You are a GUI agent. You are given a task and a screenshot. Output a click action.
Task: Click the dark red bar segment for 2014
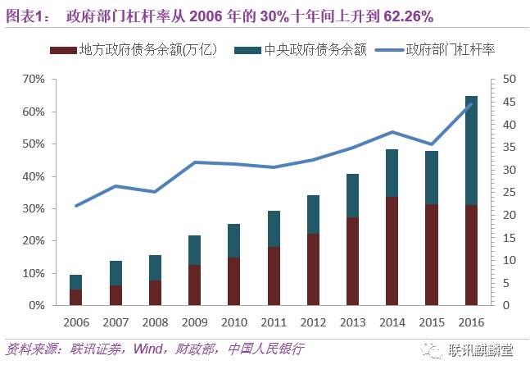(392, 251)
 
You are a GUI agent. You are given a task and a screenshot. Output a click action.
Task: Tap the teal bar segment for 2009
(195, 250)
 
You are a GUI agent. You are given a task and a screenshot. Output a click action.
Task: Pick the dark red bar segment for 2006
(75, 298)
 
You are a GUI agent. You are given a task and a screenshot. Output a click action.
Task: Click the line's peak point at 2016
(471, 103)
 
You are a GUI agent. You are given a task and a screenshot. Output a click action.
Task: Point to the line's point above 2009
(195, 162)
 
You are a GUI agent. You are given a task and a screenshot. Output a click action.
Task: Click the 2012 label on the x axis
(313, 322)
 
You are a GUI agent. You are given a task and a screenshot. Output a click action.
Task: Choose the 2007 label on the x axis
(115, 322)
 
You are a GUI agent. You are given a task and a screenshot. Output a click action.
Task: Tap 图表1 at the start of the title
(22, 16)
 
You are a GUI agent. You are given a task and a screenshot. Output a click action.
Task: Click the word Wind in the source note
(144, 349)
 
